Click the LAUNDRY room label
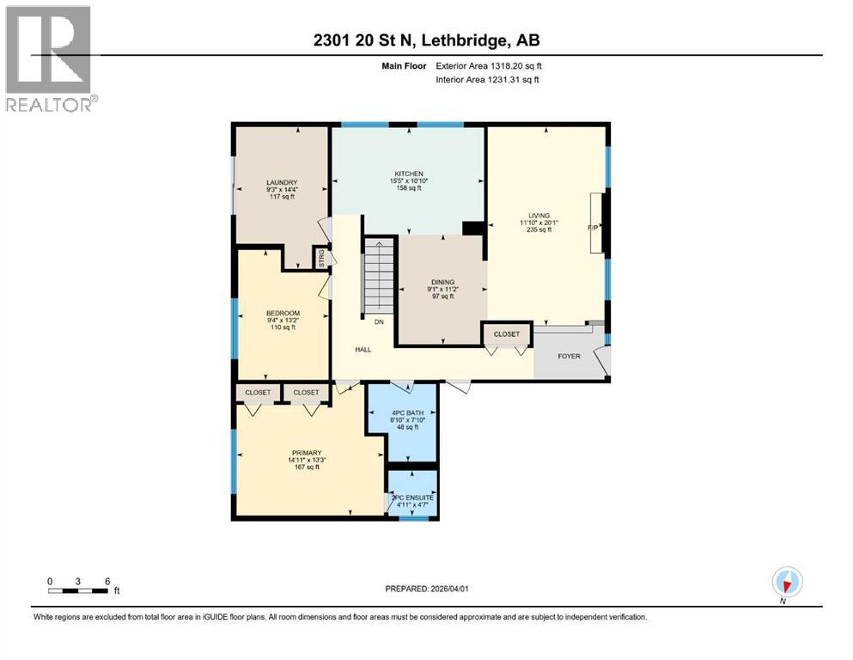click(282, 182)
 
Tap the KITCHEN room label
click(408, 174)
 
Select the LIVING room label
click(539, 216)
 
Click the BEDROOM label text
click(282, 313)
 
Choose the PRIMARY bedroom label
click(306, 453)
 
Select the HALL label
click(364, 350)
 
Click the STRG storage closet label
click(321, 258)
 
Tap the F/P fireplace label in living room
click(593, 228)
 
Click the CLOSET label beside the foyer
click(507, 334)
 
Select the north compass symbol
click(786, 582)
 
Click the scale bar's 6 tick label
click(107, 581)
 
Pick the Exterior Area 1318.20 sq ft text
click(490, 64)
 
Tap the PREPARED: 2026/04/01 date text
click(426, 589)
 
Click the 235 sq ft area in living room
click(539, 230)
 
